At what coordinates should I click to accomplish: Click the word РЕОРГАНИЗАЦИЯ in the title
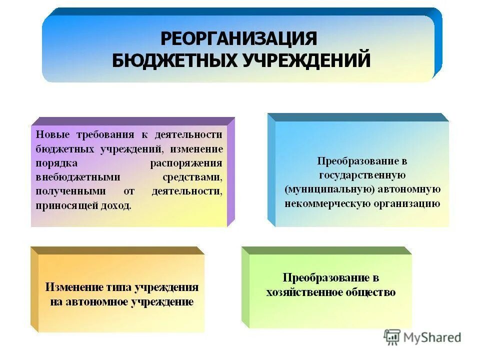coord(238,38)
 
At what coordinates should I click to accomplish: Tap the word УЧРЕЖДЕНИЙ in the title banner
coord(306,60)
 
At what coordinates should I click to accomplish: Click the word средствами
coord(192,177)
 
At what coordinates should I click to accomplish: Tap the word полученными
coord(70,191)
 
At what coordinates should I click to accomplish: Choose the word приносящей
coord(66,205)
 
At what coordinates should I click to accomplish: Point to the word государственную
coord(362,175)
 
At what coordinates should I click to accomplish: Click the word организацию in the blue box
coord(406,203)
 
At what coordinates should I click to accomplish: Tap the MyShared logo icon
coord(392,337)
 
